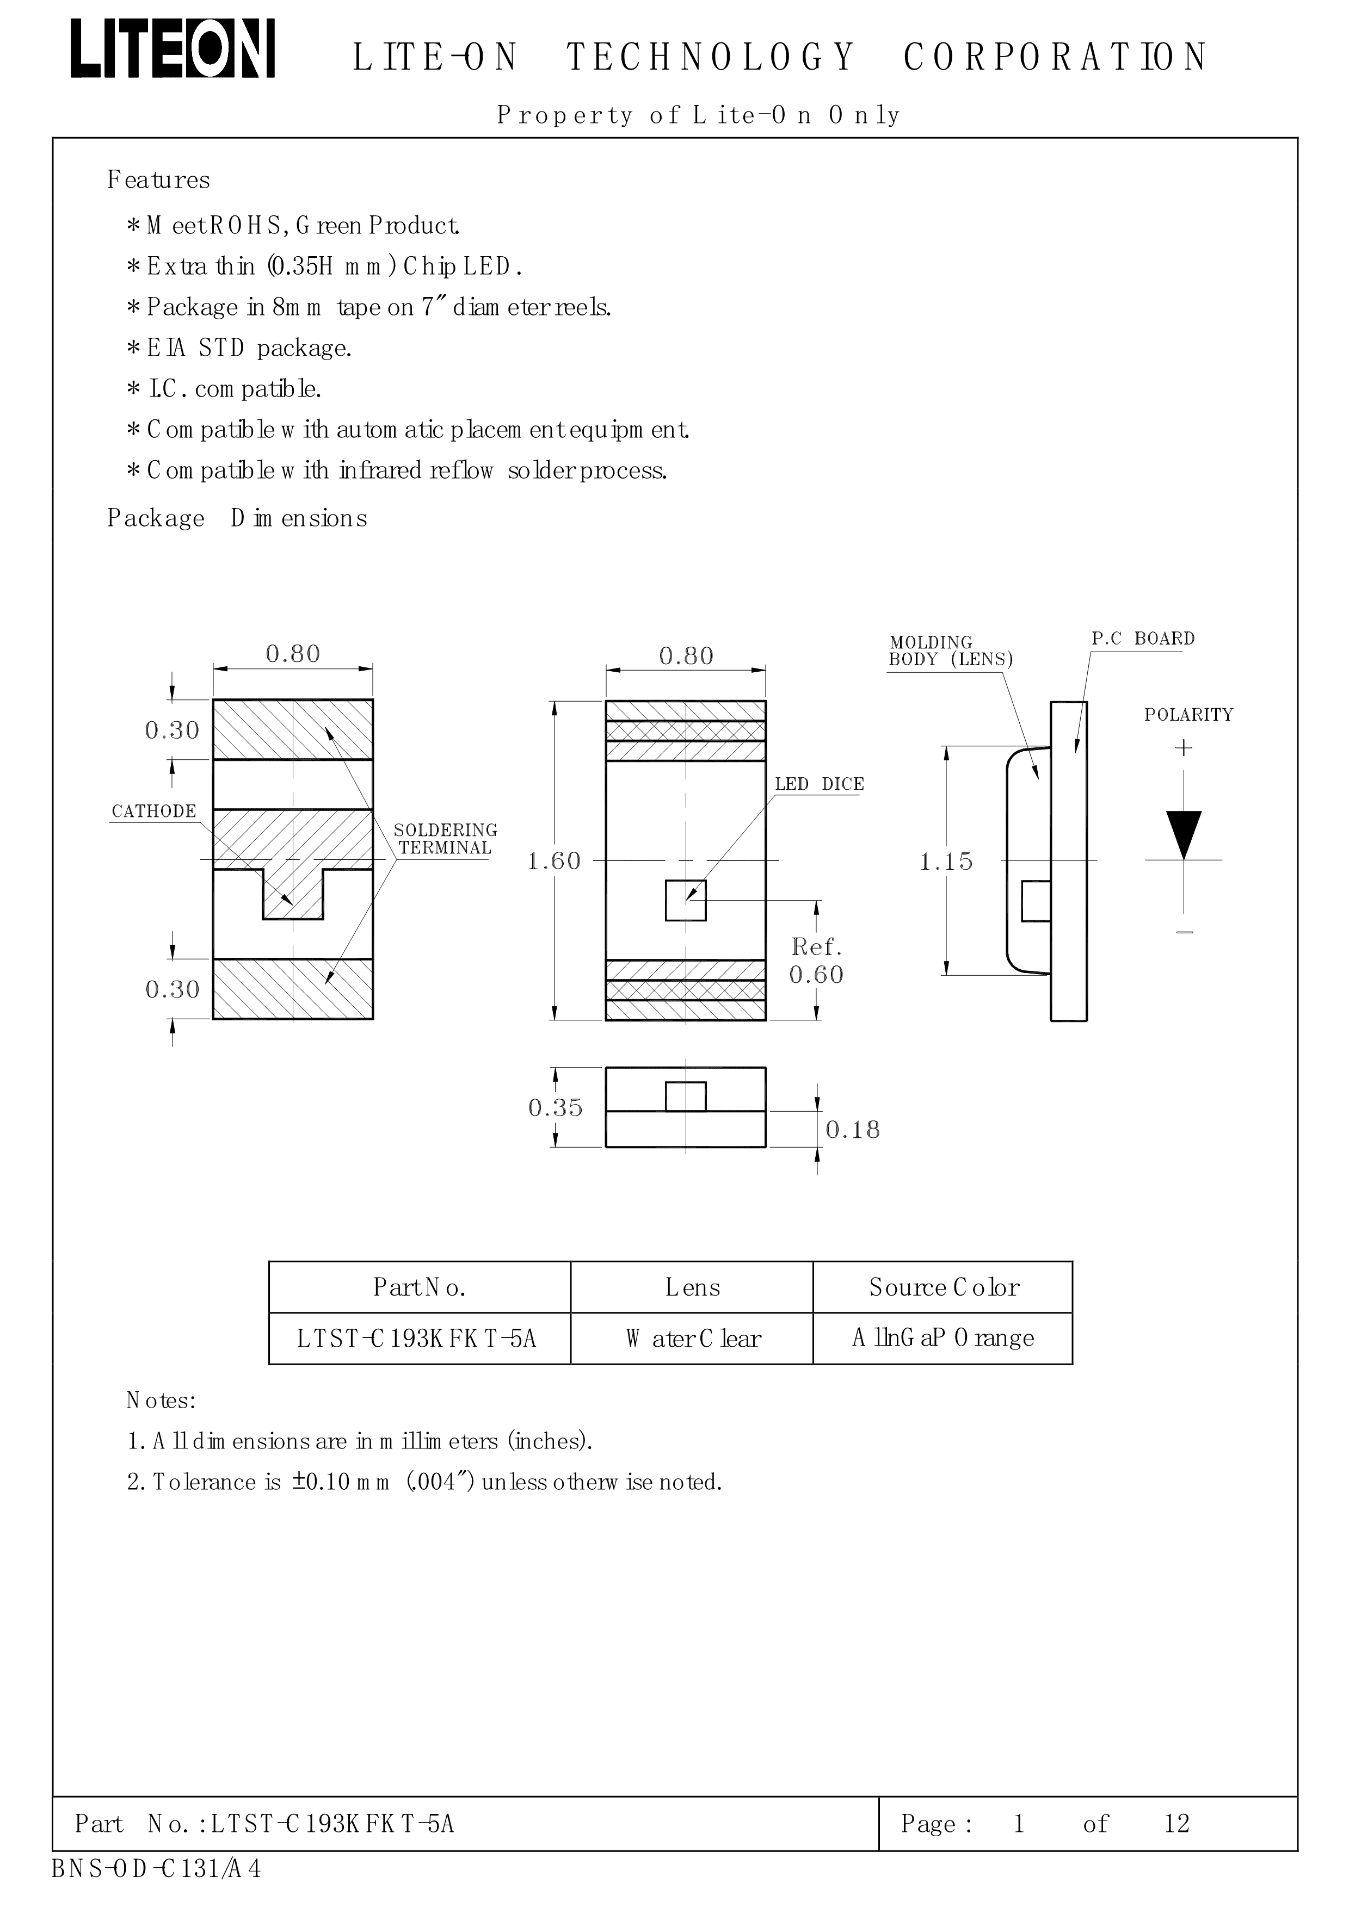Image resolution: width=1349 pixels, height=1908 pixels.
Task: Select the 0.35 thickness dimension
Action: point(555,1108)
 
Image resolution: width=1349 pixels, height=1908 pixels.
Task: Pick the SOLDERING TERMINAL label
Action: point(446,839)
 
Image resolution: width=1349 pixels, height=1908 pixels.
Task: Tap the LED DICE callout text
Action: point(819,784)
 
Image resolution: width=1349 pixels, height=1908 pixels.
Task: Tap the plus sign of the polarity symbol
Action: point(1184,748)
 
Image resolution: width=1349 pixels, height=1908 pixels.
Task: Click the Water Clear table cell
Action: point(692,1339)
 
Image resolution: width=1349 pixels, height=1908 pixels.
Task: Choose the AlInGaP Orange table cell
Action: point(943,1338)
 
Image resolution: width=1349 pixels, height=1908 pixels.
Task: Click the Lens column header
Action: point(692,1287)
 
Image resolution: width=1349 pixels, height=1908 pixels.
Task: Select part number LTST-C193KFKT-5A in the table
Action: point(417,1339)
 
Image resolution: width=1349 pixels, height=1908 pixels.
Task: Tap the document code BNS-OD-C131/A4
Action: point(156,1869)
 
